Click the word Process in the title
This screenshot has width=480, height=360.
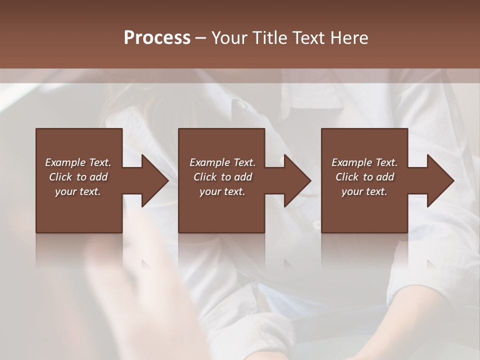(x=157, y=38)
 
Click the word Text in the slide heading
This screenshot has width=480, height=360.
(x=308, y=38)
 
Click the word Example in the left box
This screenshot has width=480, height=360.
(x=65, y=162)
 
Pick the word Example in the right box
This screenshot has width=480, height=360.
(x=352, y=162)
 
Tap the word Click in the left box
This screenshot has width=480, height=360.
(x=60, y=177)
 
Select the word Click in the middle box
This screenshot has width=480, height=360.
(x=205, y=177)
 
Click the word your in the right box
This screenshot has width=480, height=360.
(x=352, y=191)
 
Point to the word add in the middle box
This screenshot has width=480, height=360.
(x=243, y=177)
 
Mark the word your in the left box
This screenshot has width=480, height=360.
(x=65, y=191)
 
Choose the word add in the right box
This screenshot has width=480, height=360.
(x=385, y=177)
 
